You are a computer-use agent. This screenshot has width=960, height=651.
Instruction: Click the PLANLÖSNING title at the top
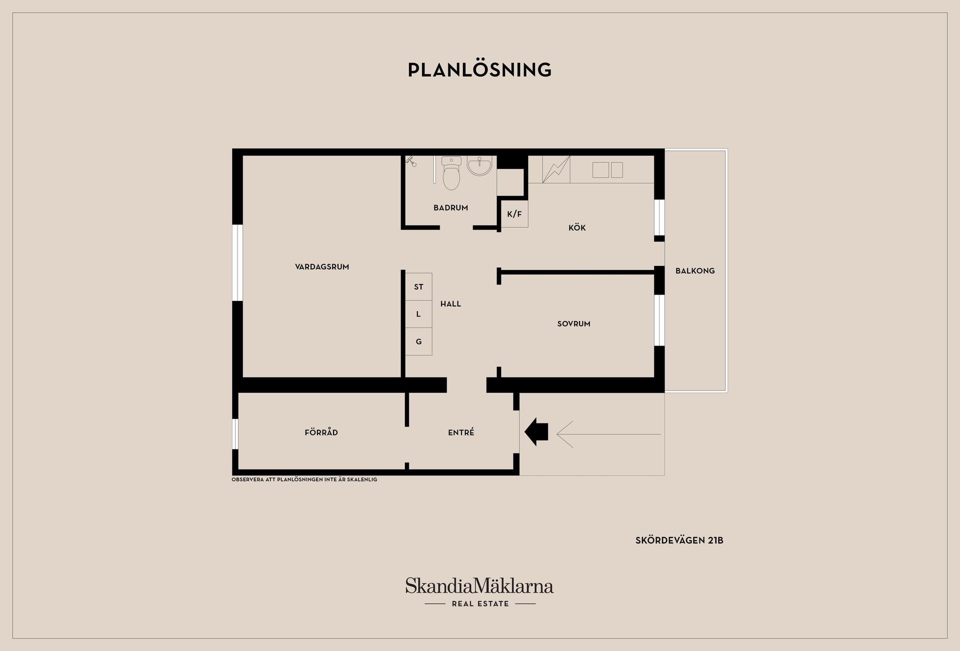[479, 69]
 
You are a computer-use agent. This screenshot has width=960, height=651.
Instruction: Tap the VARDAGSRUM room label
[322, 267]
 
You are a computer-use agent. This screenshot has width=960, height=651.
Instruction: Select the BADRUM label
[450, 207]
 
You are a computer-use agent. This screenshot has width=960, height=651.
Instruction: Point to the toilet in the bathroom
[451, 173]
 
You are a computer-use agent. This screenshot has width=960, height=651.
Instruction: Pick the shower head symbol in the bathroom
[410, 160]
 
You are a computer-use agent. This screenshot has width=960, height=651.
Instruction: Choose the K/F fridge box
[514, 214]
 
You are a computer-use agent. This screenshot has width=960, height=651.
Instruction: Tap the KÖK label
[577, 228]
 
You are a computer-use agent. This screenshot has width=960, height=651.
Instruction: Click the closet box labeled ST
[418, 286]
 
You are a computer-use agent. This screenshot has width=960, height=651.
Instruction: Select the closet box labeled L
[418, 314]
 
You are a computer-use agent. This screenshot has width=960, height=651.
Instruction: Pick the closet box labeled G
[418, 341]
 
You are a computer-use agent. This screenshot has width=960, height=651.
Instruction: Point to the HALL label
[450, 303]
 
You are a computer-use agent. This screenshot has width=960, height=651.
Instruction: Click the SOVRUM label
[574, 324]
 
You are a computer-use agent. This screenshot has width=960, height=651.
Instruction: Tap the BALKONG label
[695, 271]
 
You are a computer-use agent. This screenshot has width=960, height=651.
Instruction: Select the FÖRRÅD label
[321, 432]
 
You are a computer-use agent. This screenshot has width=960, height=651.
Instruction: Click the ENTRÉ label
[461, 432]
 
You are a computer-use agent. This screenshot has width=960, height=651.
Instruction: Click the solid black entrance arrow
[536, 431]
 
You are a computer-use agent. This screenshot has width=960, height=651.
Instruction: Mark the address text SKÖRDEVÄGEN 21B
[679, 540]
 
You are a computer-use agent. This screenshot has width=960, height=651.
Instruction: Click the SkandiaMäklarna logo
[479, 592]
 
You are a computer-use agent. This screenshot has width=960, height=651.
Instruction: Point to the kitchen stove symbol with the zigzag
[556, 169]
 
